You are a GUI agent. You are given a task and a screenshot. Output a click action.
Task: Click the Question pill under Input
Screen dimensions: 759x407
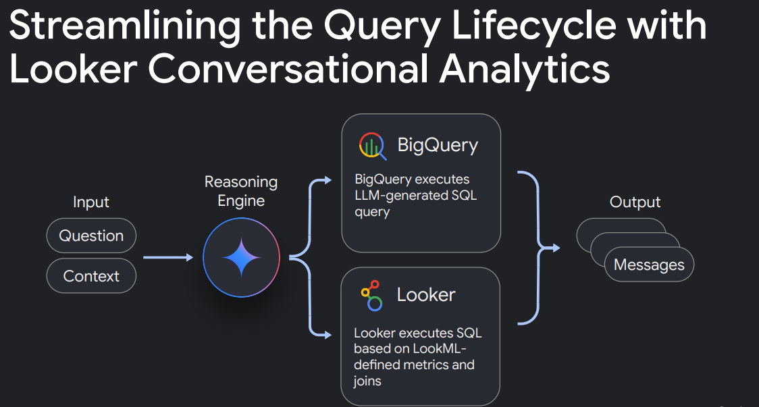[91, 236]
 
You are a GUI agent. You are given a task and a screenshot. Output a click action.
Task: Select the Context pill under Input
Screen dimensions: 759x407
[91, 276]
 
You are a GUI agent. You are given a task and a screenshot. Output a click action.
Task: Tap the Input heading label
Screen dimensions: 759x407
[91, 202]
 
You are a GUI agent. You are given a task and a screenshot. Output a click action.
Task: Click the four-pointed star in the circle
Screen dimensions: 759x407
[242, 257]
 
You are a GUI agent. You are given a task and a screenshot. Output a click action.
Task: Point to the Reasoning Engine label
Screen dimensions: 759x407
[241, 191]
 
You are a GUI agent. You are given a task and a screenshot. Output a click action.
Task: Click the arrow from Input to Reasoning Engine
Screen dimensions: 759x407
[168, 257]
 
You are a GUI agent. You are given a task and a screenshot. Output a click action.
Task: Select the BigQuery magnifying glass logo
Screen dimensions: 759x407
[372, 146]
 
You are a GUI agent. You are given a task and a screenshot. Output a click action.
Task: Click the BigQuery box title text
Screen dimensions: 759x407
[438, 145]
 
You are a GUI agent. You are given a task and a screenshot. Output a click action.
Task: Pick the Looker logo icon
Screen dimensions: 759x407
[372, 295]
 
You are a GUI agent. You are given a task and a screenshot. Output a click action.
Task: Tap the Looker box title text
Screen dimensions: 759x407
[426, 295]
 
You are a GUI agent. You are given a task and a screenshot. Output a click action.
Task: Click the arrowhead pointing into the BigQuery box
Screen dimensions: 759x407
[328, 180]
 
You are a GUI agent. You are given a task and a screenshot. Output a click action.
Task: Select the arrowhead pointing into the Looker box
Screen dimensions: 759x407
[328, 334]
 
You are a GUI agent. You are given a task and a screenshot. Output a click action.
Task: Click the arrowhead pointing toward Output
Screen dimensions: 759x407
[556, 248]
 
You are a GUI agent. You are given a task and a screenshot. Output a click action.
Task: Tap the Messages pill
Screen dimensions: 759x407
[649, 264]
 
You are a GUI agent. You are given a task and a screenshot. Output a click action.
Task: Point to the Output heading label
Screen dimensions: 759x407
[635, 202]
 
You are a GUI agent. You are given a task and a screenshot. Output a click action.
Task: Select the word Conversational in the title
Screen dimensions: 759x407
[288, 69]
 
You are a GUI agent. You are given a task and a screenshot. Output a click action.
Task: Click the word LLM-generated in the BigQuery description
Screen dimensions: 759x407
[396, 196]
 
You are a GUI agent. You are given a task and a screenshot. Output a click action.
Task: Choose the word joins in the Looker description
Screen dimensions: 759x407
[367, 381]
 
